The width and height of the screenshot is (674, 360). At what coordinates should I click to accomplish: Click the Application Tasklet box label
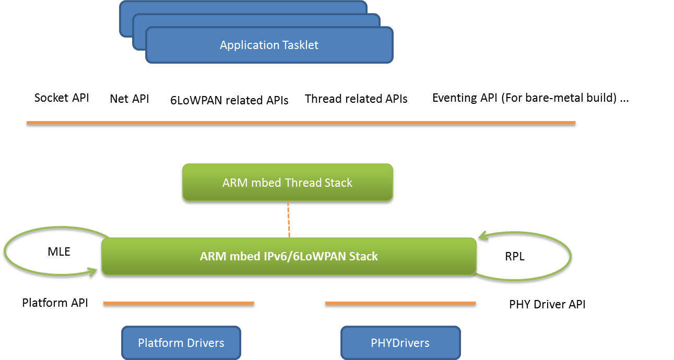[269, 45]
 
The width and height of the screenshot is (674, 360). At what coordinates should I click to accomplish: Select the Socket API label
[62, 98]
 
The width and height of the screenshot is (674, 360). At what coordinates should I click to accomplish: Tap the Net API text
[129, 99]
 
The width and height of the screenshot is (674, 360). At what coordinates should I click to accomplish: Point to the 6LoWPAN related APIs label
[229, 100]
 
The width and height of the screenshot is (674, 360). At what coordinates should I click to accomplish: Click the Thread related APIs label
[356, 99]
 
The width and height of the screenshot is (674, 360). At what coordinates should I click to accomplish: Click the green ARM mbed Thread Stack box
[288, 182]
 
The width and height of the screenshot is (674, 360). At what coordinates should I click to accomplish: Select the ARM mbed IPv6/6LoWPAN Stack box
[289, 256]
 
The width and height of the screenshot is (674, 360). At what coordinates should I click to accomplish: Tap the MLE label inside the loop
[59, 251]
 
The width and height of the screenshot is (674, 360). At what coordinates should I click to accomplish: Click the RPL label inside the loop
[515, 256]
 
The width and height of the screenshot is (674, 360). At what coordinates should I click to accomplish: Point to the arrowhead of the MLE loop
[93, 272]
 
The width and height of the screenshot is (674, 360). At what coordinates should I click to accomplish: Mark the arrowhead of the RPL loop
[482, 236]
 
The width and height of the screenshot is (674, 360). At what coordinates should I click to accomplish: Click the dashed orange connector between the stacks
[289, 219]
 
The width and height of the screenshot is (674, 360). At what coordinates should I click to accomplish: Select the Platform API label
[55, 303]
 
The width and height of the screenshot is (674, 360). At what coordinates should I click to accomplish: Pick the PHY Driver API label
[547, 304]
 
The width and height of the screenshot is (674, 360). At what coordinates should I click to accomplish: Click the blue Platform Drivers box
[181, 343]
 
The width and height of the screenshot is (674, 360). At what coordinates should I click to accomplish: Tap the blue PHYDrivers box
[400, 343]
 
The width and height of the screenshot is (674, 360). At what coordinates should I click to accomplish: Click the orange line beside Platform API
[179, 303]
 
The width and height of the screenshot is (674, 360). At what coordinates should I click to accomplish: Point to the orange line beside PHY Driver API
[400, 303]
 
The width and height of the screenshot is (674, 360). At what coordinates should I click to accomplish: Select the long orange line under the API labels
[301, 123]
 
